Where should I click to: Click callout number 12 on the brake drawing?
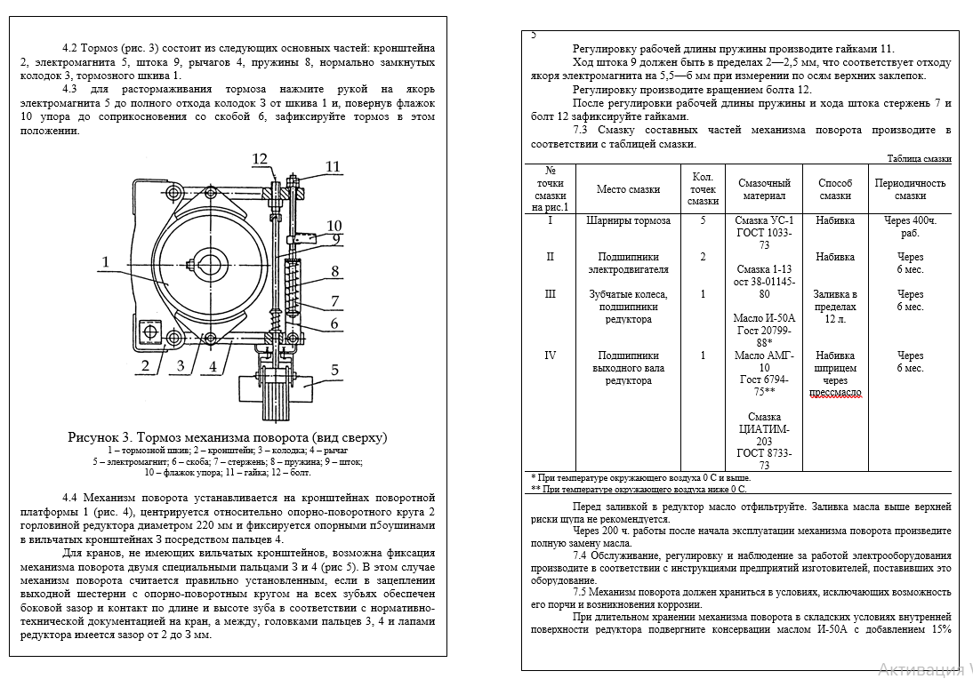[x=259, y=159]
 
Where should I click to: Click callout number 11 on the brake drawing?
[x=332, y=166]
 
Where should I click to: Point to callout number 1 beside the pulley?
[x=105, y=262]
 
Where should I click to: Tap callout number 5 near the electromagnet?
[x=335, y=371]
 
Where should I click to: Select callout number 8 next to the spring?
[x=334, y=271]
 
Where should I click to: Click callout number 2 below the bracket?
[x=143, y=364]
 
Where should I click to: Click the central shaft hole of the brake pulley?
[x=213, y=265]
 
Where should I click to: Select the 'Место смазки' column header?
[x=628, y=189]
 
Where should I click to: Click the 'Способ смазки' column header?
[x=835, y=189]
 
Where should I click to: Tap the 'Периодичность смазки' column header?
[x=910, y=189]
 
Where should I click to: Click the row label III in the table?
[x=550, y=294]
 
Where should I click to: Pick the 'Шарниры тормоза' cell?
[x=628, y=220]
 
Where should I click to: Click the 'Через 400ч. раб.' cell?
[x=910, y=227]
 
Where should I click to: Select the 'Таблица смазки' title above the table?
[x=920, y=159]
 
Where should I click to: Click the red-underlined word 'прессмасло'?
[x=835, y=393]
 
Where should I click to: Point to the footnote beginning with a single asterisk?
[x=639, y=477]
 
